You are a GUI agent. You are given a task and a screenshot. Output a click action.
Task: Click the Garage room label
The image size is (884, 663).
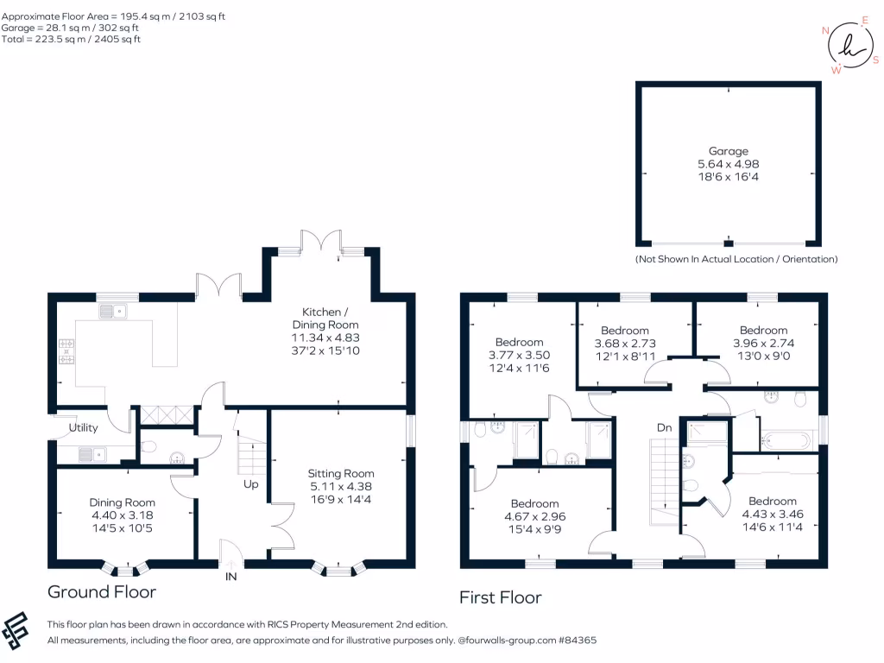coord(729,151)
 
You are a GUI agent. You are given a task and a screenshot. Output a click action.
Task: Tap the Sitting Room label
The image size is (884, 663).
coord(341,473)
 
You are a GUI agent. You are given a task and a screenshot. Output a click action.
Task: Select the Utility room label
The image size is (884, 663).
coord(84,427)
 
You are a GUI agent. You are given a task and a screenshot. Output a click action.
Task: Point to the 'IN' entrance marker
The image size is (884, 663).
coord(231,576)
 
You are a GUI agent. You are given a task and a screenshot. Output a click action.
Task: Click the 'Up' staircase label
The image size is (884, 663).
coord(250,484)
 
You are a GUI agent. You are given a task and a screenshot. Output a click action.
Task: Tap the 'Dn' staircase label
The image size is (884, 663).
coord(664,427)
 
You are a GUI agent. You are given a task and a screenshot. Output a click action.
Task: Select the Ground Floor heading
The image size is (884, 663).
coord(101,592)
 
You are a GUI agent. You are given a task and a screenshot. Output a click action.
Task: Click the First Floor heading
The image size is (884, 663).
coord(500,597)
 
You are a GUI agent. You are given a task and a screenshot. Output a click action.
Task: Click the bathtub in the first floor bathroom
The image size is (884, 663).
coord(786,440)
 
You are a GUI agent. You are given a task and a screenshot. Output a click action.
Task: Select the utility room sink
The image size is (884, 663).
coord(91,452)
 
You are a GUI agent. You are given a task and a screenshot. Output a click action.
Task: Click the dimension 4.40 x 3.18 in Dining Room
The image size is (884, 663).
coord(123,515)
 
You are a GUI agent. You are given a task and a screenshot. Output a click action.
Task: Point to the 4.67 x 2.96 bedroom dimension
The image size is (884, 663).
coord(534,516)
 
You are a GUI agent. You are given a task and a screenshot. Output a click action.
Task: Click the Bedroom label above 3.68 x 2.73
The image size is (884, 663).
coord(624,331)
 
